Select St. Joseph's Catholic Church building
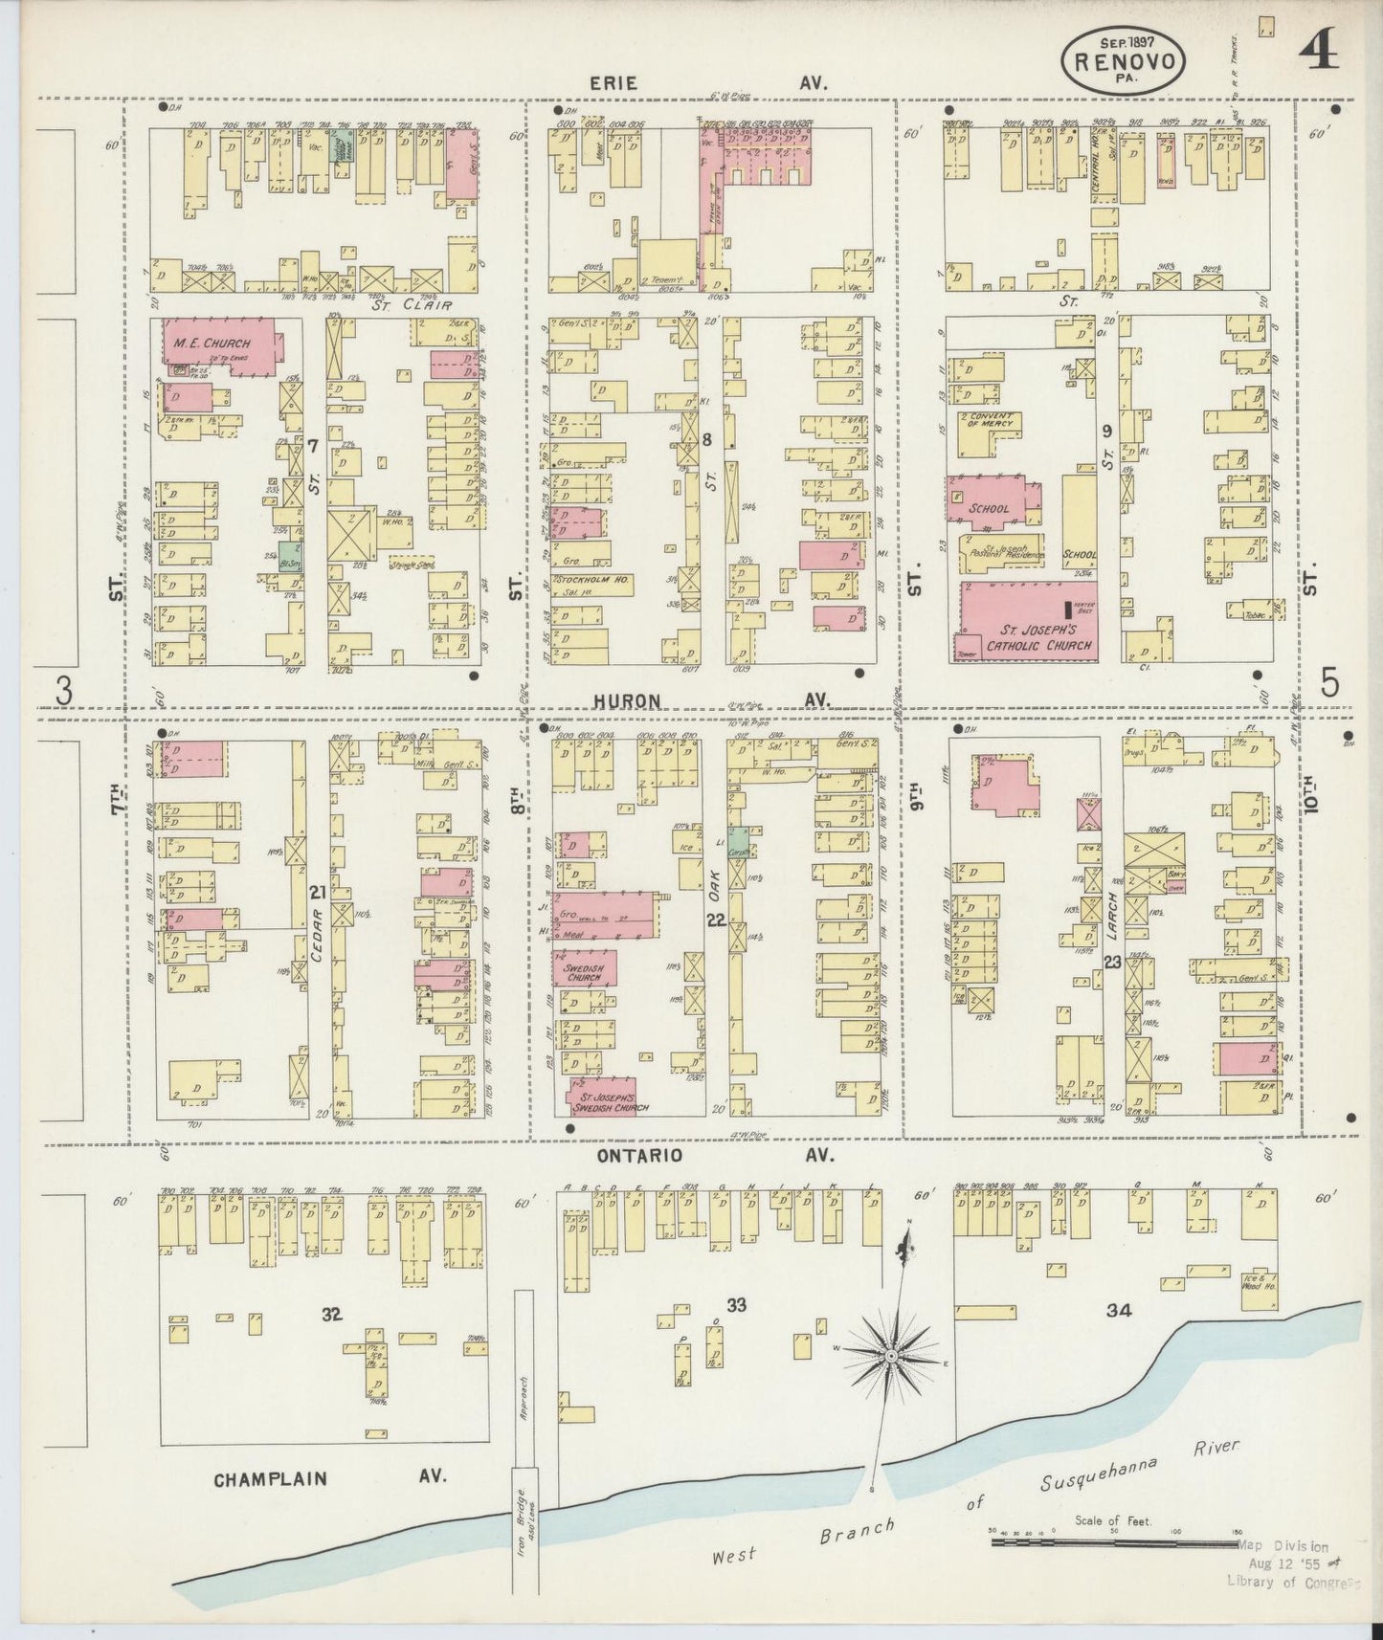[1029, 622]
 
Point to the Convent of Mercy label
[992, 421]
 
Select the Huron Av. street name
[627, 701]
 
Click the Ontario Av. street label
[640, 1155]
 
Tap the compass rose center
[891, 1357]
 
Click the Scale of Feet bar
[1115, 1542]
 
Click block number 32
[332, 1315]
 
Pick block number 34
[1118, 1310]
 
